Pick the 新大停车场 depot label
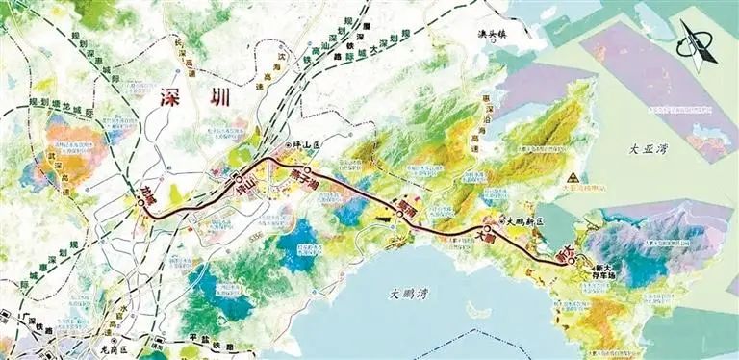click(x=606, y=268)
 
